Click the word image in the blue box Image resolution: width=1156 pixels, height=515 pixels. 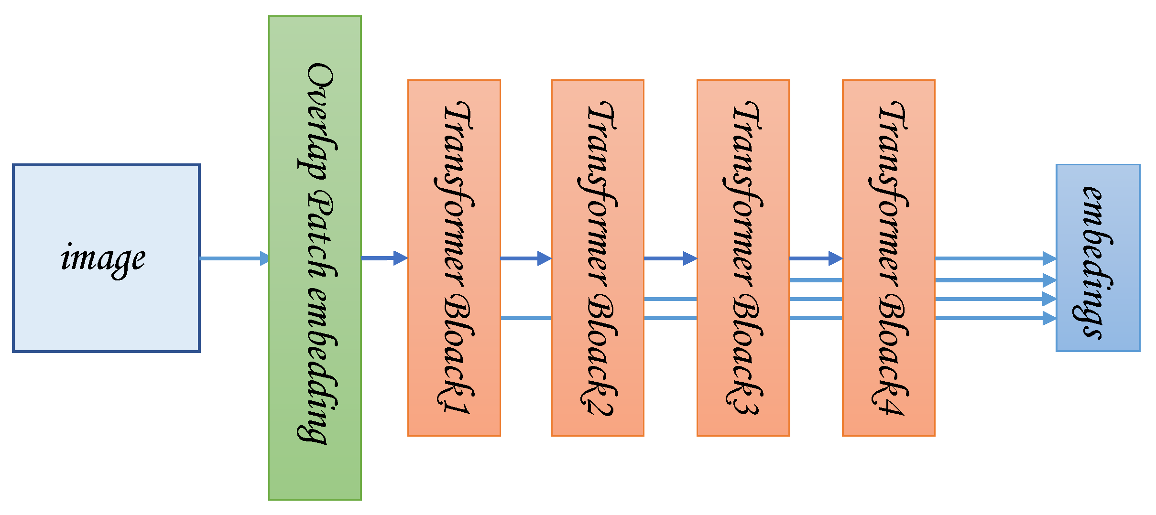pyautogui.click(x=103, y=259)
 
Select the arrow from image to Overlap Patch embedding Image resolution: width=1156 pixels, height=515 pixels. pyautogui.click(x=234, y=258)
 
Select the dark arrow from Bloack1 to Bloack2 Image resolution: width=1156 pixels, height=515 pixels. pyautogui.click(x=525, y=258)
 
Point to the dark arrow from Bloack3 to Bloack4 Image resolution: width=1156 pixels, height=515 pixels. pyautogui.click(x=816, y=258)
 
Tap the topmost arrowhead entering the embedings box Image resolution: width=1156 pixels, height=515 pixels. pyautogui.click(x=1049, y=258)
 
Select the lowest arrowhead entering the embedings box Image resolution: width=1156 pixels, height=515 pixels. pyautogui.click(x=1049, y=318)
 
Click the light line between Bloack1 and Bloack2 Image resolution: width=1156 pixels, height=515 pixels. pyautogui.click(x=525, y=318)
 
